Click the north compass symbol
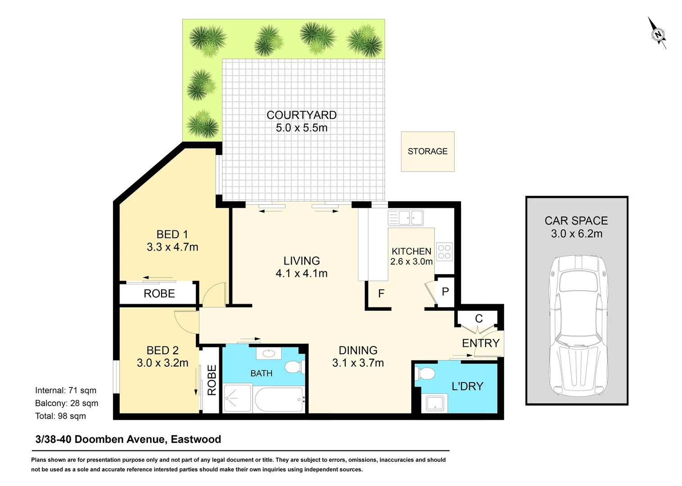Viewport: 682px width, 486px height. [x=658, y=34]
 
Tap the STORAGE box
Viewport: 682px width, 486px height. [x=427, y=152]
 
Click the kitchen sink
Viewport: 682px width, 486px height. [x=406, y=218]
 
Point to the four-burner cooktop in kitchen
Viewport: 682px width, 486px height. [x=444, y=252]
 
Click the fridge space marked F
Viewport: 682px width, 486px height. [x=381, y=294]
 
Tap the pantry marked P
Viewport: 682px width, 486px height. [x=445, y=292]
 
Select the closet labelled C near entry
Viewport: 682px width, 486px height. [x=479, y=319]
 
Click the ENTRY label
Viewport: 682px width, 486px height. [x=480, y=343]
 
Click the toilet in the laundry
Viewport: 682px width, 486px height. [x=425, y=373]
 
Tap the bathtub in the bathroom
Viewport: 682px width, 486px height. [x=279, y=399]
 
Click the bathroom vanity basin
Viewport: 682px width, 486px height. [x=269, y=353]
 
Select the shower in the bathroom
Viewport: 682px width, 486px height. [x=237, y=398]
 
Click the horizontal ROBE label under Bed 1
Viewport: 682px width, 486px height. [x=159, y=294]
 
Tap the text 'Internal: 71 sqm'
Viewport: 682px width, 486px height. [x=66, y=391]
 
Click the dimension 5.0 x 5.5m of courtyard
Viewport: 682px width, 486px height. [x=302, y=128]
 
